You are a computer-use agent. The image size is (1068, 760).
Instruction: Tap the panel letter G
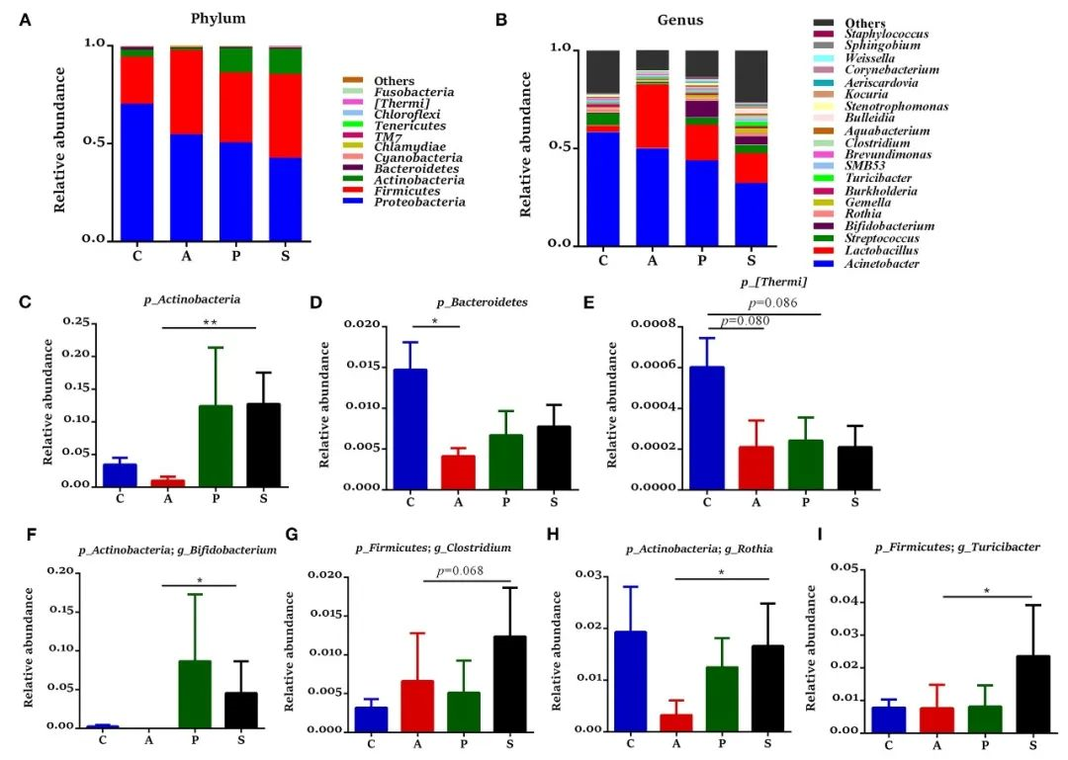[x=292, y=535]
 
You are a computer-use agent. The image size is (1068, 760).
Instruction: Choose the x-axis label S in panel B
[x=752, y=261]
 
